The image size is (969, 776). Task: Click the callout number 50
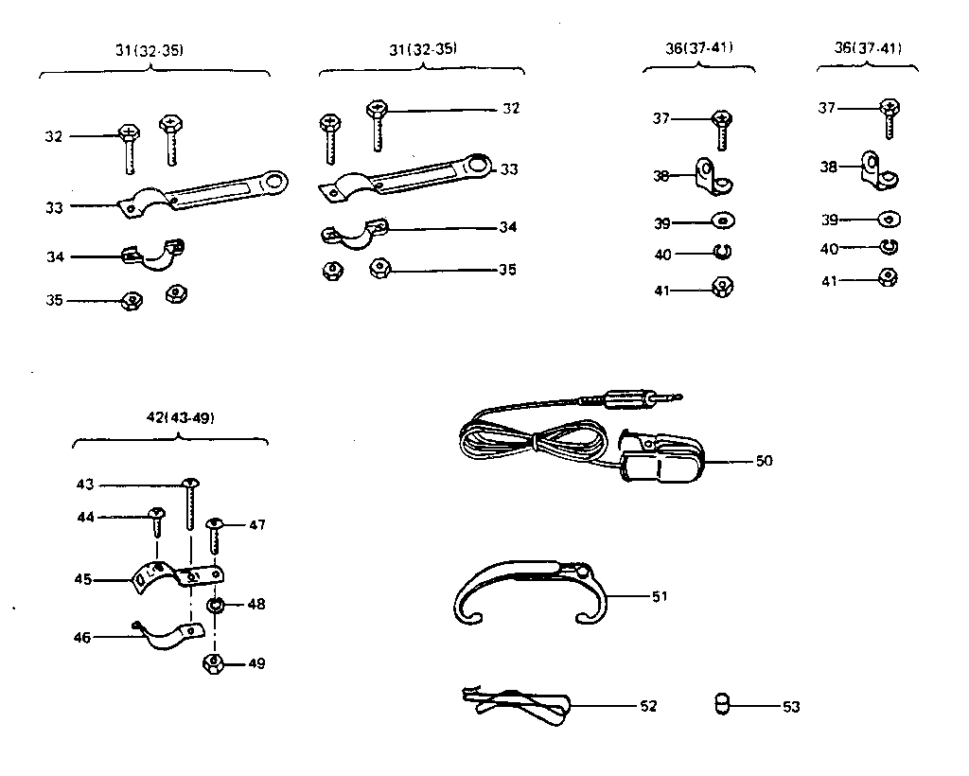point(765,462)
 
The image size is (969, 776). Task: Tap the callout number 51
point(659,596)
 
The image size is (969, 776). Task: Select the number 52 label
point(648,706)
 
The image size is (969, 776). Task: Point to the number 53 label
point(791,706)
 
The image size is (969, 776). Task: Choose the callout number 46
point(82,638)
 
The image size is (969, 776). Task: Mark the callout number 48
point(255,604)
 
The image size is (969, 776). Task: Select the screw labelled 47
point(215,537)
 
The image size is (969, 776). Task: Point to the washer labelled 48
point(216,605)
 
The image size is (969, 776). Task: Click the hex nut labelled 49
point(214,662)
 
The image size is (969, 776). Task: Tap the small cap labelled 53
point(722,705)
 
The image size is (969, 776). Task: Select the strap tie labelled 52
point(516,702)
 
